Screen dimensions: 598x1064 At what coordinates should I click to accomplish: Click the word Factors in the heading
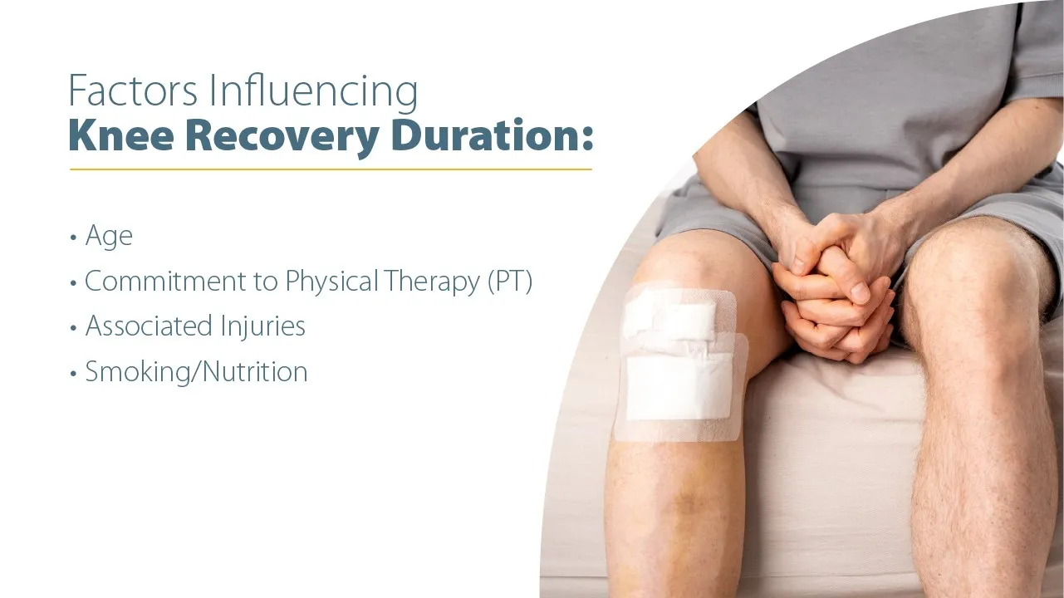coord(134,91)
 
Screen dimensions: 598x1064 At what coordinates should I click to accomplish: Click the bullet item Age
coord(109,237)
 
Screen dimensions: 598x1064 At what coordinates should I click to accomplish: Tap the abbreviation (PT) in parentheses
coord(508,282)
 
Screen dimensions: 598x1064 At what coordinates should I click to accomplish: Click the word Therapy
coord(432,282)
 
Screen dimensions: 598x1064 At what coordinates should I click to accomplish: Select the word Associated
coord(150,326)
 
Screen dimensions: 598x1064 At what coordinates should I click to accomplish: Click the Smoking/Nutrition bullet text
coord(196,371)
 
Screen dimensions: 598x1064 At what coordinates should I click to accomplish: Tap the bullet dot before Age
coord(72,238)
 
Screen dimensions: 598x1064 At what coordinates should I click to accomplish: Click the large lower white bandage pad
coord(679,386)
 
